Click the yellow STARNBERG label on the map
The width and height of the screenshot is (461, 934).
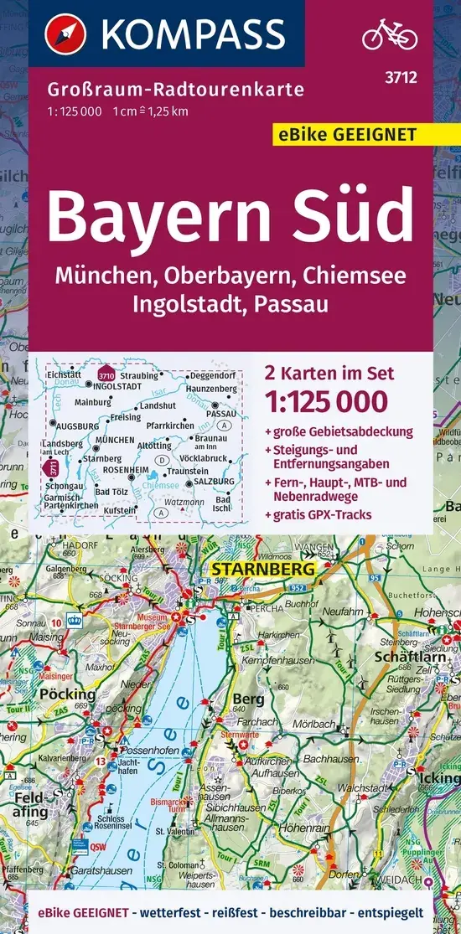262,570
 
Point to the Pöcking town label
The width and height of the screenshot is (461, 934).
68,694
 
